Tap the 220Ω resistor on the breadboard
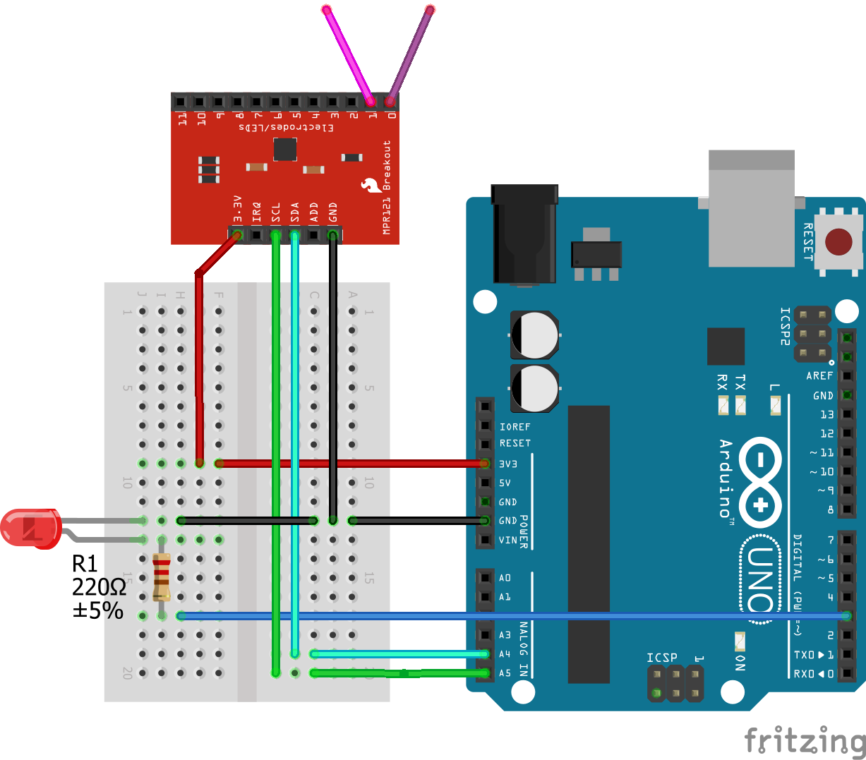[162, 578]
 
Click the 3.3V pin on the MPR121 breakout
[237, 234]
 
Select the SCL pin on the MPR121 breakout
[275, 234]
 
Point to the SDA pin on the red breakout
[294, 234]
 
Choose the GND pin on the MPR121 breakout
[332, 234]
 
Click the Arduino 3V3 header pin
[485, 464]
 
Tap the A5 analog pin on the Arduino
[485, 673]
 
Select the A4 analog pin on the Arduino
[485, 654]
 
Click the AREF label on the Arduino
[819, 376]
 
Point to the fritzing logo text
[805, 741]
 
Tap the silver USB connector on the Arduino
[752, 208]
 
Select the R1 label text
[85, 564]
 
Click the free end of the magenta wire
[327, 10]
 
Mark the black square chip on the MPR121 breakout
[285, 149]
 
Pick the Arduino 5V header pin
[485, 483]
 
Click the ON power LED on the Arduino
[740, 641]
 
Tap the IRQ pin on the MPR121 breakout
[256, 234]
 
